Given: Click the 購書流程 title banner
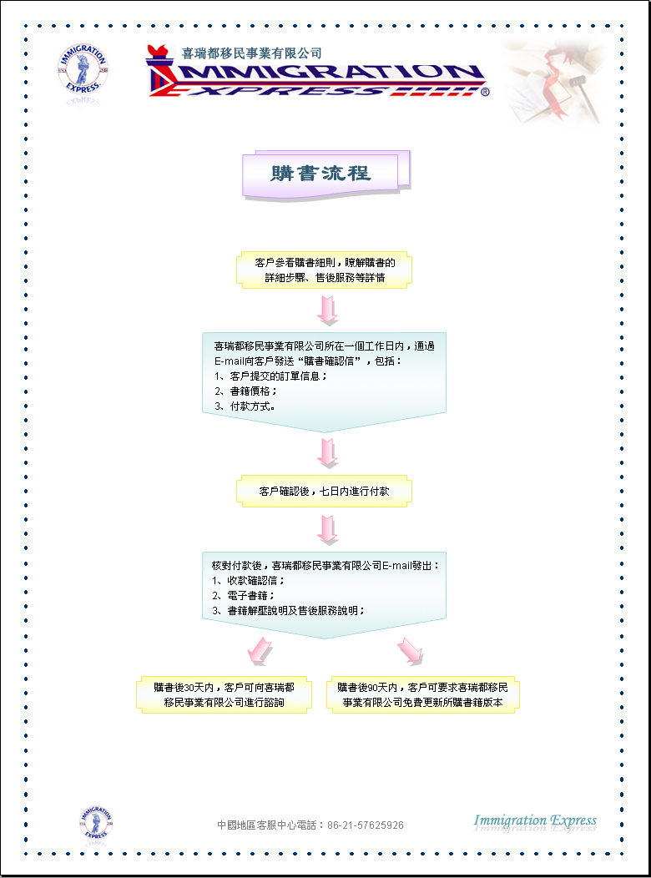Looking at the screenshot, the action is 325,173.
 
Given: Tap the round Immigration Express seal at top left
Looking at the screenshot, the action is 83,69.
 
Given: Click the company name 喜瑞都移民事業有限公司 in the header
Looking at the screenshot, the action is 252,53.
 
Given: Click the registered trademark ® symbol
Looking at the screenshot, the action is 485,91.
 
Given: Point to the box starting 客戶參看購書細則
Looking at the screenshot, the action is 324,270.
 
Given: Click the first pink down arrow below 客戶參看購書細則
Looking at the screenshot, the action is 327,310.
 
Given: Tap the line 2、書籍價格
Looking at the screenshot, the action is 245,391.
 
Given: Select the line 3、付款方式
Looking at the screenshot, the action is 245,406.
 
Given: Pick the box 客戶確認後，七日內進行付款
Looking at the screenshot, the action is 324,491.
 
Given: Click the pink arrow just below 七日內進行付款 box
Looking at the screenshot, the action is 327,530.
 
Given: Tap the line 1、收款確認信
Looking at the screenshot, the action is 249,581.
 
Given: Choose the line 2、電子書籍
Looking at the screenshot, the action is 243,596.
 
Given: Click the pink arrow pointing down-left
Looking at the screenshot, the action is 259,651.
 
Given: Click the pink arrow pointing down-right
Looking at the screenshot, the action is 411,651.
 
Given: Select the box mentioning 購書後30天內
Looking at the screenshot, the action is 224,695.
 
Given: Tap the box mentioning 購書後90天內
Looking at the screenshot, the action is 422,695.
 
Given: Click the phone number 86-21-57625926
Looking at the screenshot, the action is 366,825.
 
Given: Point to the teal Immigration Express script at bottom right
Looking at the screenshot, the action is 535,822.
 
